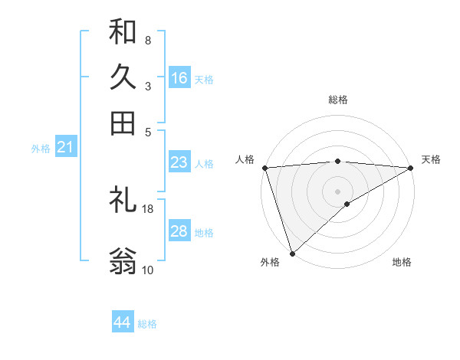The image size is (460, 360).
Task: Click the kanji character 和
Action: (123, 31)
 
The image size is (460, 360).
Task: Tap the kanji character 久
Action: (123, 77)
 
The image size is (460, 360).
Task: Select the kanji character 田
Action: (123, 123)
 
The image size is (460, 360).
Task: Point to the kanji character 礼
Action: (123, 201)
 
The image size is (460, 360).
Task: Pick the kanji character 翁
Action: (123, 261)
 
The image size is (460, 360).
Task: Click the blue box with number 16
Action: (179, 77)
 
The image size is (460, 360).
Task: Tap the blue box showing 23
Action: (179, 162)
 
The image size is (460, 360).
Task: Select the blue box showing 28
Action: (179, 231)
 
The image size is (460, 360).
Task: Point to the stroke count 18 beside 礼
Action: (148, 208)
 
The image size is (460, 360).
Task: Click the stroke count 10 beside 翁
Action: (148, 270)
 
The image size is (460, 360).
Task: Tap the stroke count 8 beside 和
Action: (148, 40)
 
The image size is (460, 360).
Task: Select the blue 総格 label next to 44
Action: (147, 324)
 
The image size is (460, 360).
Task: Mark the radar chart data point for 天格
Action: (411, 167)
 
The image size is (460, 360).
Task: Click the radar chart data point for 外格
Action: (292, 253)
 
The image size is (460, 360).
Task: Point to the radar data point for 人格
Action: (264, 167)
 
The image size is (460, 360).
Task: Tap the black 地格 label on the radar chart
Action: (402, 263)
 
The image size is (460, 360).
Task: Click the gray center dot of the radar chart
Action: (337, 191)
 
